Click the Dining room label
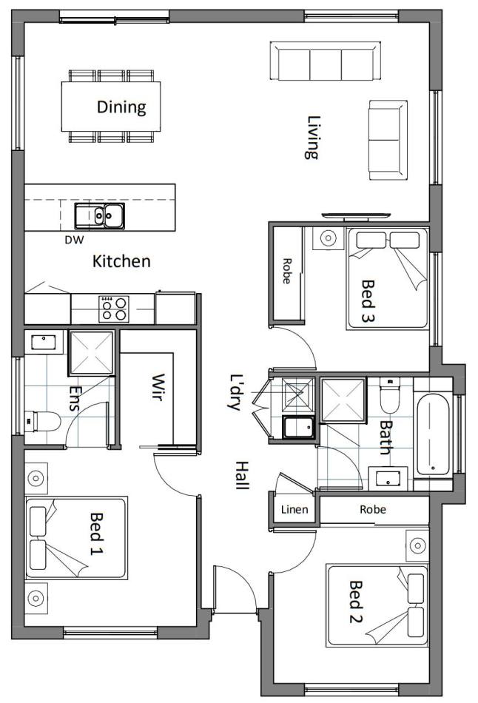121,107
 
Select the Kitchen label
121,261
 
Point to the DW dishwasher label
75,240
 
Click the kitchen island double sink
100,215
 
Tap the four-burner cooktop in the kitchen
114,309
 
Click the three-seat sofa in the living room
326,61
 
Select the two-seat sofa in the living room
388,140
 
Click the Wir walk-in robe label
158,387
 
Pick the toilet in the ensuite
42,422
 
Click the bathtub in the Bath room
433,433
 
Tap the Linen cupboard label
294,509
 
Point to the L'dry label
235,392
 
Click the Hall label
242,475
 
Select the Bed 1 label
96,534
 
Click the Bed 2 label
355,602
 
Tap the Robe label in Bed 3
286,271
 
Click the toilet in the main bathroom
390,395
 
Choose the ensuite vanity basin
44,343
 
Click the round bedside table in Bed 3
329,238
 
